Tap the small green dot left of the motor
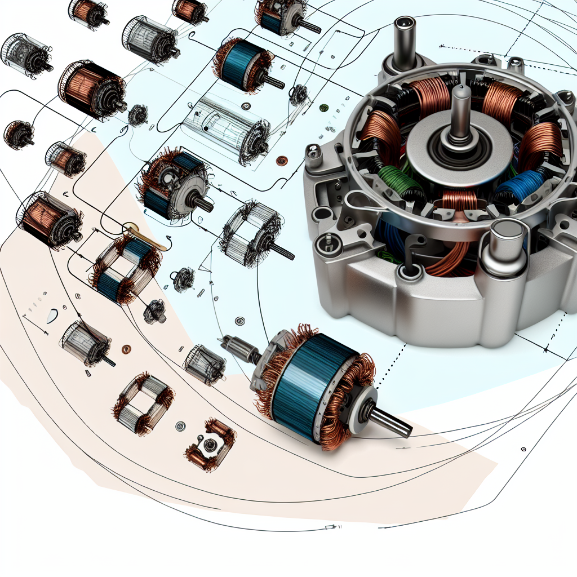coord(323,108)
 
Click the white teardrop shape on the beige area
coord(52,316)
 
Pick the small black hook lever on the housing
coord(414,242)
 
